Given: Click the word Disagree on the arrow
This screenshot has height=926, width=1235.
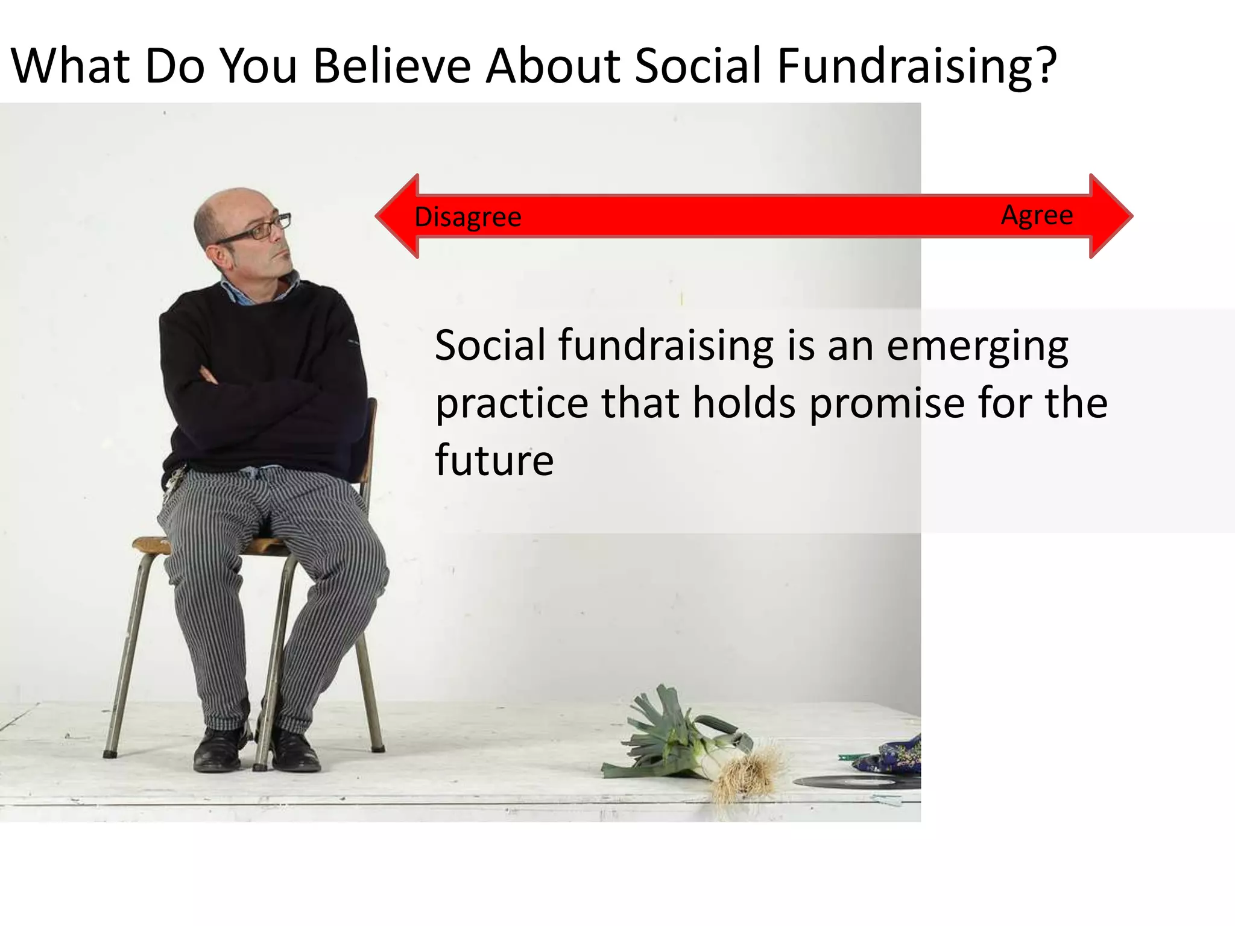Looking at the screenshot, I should click(467, 217).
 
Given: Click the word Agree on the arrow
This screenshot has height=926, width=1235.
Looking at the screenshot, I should click(1037, 215).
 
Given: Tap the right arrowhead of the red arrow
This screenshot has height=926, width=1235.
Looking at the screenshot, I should click(1111, 216).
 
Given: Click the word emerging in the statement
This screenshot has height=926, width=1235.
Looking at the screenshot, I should click(977, 347).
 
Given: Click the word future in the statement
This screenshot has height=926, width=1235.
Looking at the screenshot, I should click(494, 460).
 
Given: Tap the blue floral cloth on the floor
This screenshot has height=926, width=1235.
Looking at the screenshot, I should click(892, 757).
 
